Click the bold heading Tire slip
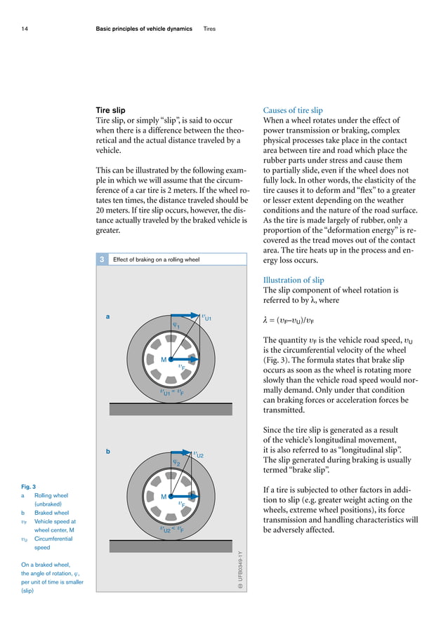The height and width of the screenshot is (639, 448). point(111,110)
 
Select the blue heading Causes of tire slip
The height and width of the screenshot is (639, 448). point(292,110)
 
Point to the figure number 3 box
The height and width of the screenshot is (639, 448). point(102,260)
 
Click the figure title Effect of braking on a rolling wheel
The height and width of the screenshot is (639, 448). point(156,260)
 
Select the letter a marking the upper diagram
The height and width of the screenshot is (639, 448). point(107,316)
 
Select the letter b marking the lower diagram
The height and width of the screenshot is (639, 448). point(107,452)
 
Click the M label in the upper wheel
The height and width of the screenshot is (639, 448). point(163,360)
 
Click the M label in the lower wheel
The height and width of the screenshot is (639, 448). point(163,497)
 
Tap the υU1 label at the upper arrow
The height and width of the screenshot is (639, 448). point(206,318)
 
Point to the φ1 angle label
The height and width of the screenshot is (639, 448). point(177,325)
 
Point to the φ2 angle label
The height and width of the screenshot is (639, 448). point(177,462)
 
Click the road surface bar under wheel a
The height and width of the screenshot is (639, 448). point(171,408)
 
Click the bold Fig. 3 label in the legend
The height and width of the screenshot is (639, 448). point(29,486)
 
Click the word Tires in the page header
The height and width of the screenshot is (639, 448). point(209,29)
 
